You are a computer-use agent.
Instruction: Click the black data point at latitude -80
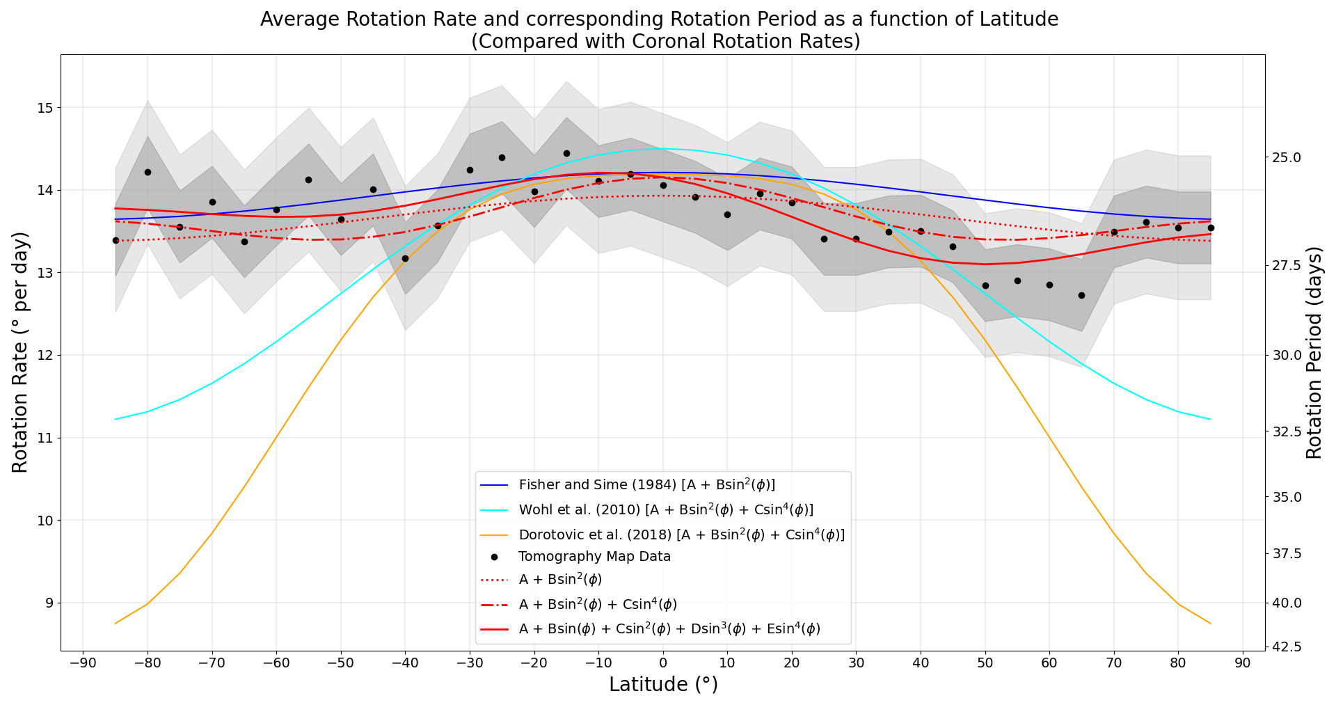point(148,172)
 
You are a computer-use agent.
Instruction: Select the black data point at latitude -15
point(566,153)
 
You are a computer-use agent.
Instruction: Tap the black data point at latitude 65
point(1081,295)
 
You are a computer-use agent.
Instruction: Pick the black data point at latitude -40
point(405,258)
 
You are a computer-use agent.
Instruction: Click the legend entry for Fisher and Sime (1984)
point(646,484)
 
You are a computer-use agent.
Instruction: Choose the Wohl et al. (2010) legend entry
point(665,509)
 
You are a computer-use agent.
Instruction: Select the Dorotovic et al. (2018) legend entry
point(681,534)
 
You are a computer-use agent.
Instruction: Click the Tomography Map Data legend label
point(594,557)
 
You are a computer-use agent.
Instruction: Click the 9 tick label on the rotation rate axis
point(49,603)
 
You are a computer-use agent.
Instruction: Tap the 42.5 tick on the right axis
point(1287,647)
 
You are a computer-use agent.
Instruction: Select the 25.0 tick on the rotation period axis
point(1287,157)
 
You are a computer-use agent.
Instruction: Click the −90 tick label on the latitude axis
point(83,663)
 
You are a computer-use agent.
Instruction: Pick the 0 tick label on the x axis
point(662,663)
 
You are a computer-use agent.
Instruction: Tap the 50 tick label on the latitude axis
point(985,663)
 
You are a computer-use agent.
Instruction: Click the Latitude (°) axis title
point(662,685)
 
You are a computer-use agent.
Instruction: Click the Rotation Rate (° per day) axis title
point(21,352)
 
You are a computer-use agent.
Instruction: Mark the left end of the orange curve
point(116,623)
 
